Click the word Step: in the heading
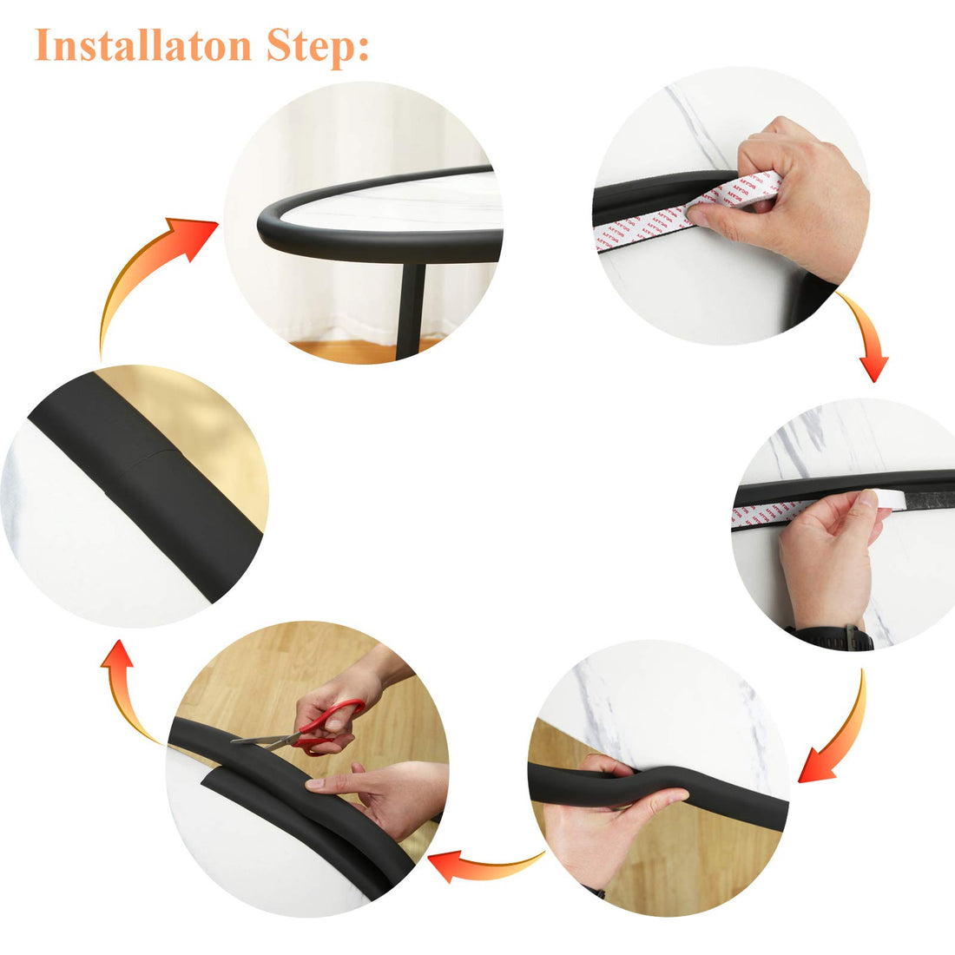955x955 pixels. click(317, 46)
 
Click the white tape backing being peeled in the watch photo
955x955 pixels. click(877, 500)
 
